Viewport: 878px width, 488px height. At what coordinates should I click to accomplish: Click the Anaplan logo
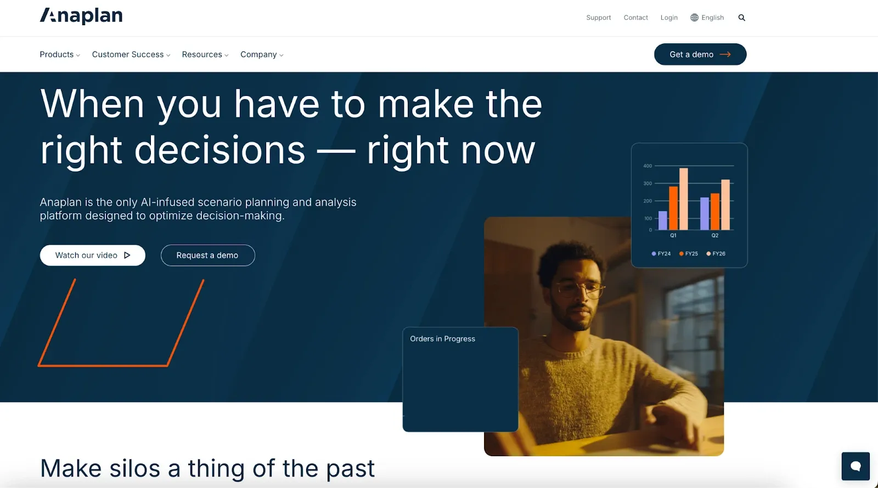point(81,16)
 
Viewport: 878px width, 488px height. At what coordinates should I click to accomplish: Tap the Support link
point(598,18)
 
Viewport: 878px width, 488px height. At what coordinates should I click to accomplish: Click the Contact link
point(635,18)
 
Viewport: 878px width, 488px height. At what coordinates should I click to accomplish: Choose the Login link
point(669,18)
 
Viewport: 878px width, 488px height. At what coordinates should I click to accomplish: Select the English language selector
point(707,18)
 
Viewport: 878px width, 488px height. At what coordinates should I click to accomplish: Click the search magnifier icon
point(741,18)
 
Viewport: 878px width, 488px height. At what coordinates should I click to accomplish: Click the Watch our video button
point(92,256)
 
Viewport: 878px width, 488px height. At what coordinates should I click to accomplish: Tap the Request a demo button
point(207,256)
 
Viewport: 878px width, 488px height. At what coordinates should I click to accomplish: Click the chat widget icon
point(855,466)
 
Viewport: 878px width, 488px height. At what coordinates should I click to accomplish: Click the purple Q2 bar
point(704,213)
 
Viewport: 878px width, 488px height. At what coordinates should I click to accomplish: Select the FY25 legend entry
point(689,254)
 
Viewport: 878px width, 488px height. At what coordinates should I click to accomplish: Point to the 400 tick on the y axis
point(648,166)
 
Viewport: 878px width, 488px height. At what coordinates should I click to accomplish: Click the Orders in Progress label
point(442,339)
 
